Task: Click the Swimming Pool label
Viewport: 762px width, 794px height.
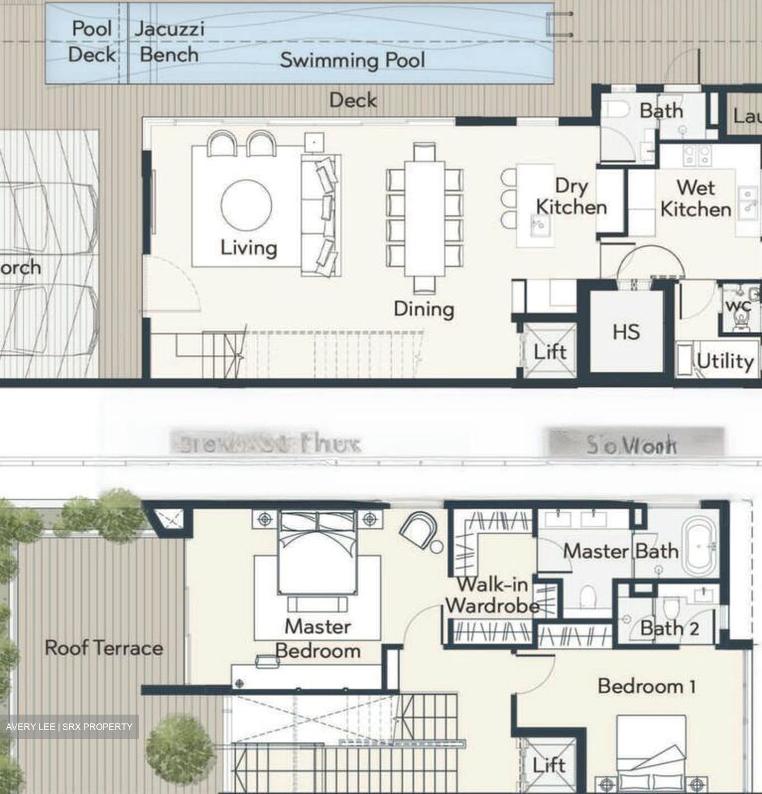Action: (352, 60)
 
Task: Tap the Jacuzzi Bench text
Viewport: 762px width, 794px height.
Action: (169, 42)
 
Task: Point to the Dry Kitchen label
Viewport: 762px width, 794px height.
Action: (571, 197)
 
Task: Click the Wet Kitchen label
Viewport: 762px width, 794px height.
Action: (696, 198)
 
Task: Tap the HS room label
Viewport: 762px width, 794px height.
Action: (626, 332)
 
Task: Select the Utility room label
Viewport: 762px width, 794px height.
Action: (725, 361)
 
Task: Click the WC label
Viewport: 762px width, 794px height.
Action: (738, 305)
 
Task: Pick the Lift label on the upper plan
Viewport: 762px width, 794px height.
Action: (550, 352)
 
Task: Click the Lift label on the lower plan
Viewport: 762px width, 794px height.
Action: (549, 765)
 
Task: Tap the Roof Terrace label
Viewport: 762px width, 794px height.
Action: (104, 648)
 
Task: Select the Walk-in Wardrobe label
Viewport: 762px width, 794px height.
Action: (492, 595)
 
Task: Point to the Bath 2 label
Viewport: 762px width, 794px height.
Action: (669, 628)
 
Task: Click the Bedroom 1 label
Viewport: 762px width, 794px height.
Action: (646, 686)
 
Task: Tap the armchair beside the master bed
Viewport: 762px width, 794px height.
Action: (418, 529)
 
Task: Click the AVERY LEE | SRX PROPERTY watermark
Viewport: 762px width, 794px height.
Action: (69, 727)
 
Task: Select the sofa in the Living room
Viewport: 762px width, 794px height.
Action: (321, 215)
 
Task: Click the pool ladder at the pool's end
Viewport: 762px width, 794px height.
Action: (557, 25)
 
